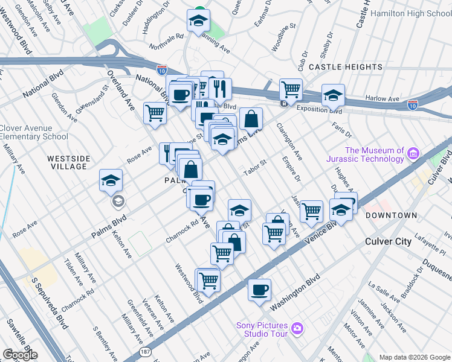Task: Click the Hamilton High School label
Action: click(x=411, y=13)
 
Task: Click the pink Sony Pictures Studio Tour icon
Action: click(x=297, y=328)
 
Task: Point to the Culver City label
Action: click(x=388, y=241)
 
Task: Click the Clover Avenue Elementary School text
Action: click(x=34, y=132)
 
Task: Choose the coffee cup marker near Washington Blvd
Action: click(x=260, y=290)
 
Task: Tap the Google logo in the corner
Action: click(x=20, y=355)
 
